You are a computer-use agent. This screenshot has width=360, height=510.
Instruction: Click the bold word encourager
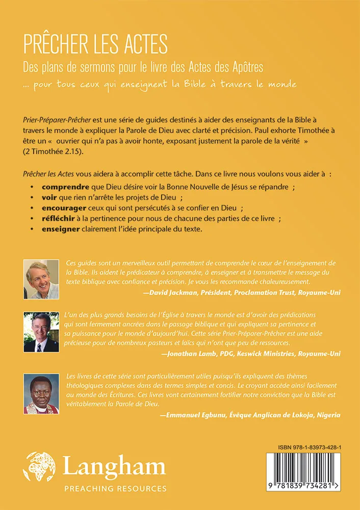pyautogui.click(x=66, y=208)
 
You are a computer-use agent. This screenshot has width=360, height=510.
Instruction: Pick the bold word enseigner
pyautogui.click(x=61, y=229)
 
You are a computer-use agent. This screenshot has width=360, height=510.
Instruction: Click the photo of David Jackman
pyautogui.click(x=42, y=278)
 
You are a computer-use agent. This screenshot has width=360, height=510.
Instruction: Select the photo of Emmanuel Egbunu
pyautogui.click(x=42, y=394)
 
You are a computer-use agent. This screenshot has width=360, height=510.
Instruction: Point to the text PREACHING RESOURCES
pyautogui.click(x=115, y=489)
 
